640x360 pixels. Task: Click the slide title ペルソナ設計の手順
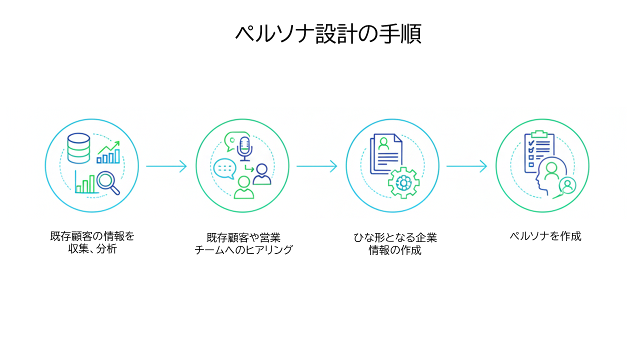click(328, 34)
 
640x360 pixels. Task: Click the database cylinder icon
click(78, 148)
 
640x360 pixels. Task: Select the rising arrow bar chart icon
click(109, 152)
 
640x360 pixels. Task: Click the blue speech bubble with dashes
click(223, 168)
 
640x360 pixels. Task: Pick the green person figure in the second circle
click(243, 187)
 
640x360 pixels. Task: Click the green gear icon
click(403, 183)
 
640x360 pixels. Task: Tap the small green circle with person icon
click(567, 186)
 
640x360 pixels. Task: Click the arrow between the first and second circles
click(166, 166)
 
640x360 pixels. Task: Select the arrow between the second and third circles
click(316, 166)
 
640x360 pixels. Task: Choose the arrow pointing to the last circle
click(466, 166)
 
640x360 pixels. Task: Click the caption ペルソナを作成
click(545, 236)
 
